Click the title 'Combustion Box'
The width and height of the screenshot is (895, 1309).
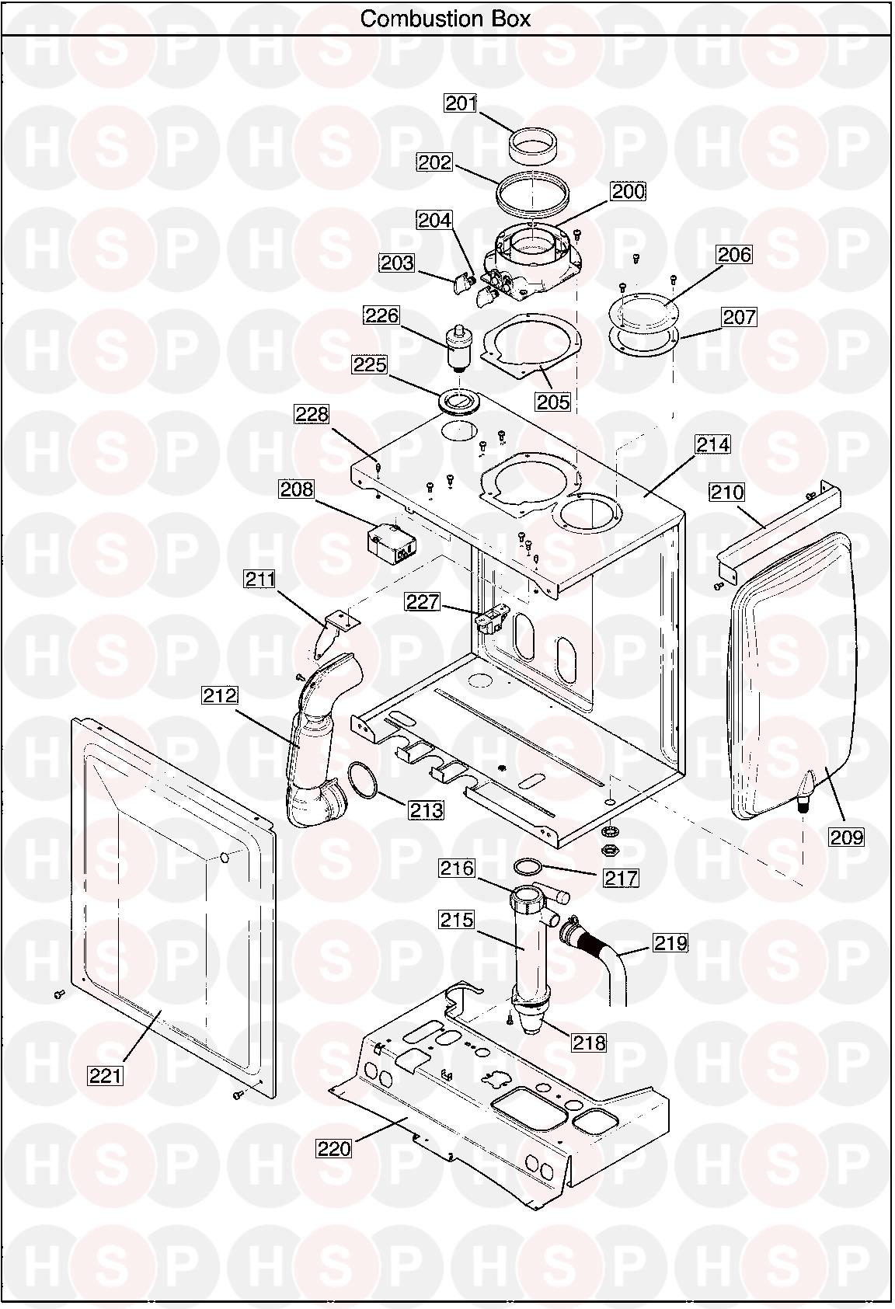[445, 19]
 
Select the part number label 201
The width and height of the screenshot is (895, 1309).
[461, 103]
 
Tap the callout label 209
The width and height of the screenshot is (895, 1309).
[847, 837]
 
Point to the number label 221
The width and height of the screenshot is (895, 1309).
[106, 1075]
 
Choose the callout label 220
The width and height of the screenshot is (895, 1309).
[334, 1149]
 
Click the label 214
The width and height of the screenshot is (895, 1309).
[712, 444]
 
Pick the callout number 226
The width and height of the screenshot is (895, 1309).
[381, 315]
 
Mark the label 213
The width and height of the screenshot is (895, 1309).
[427, 810]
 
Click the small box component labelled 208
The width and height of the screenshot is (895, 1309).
[391, 546]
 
